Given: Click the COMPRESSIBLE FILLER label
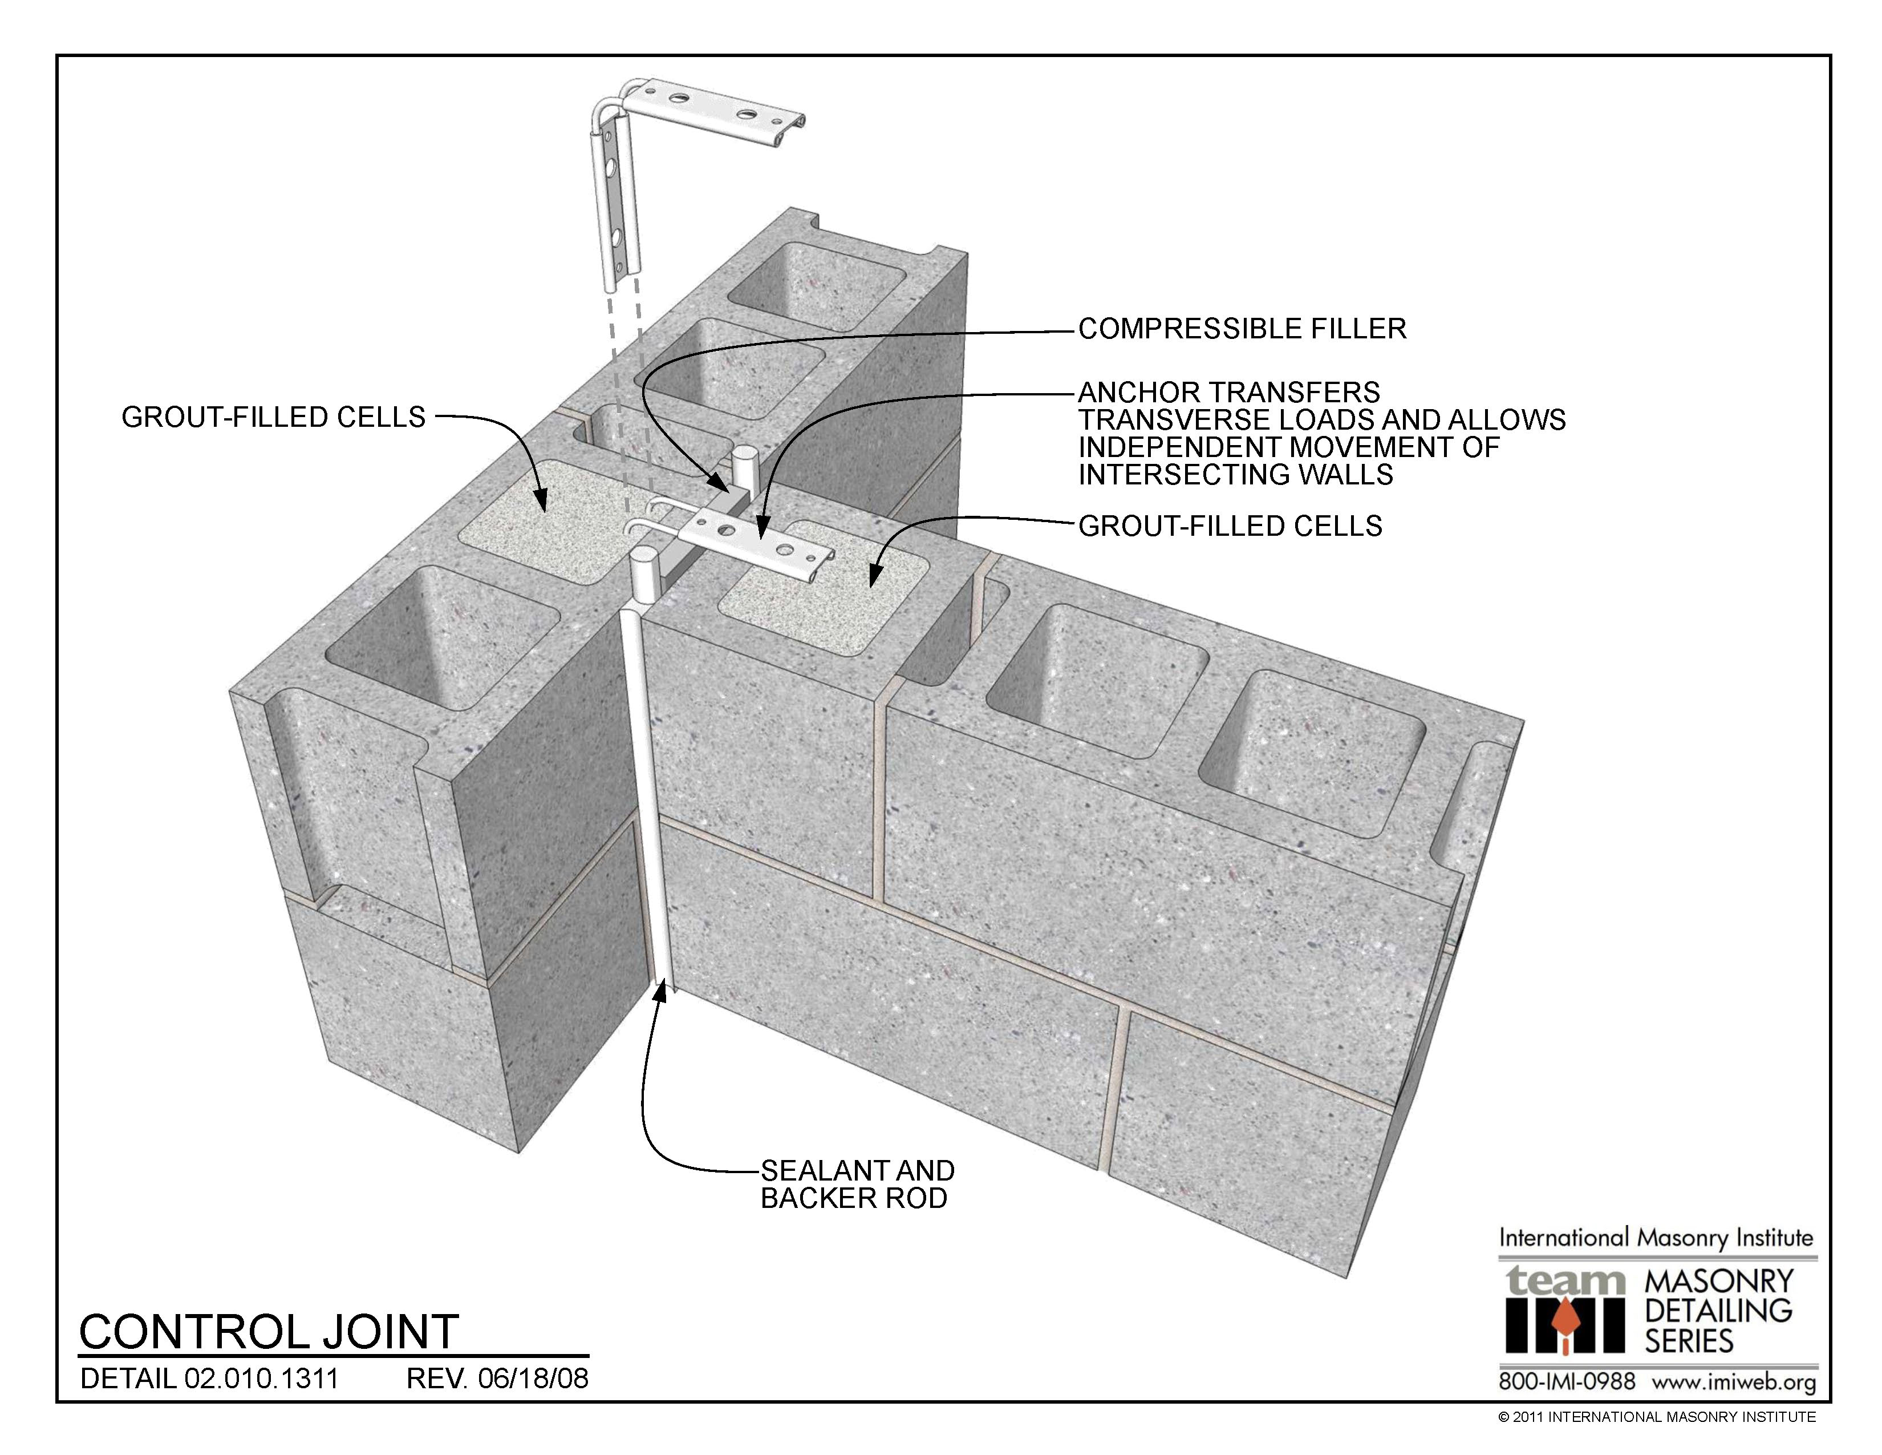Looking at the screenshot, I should [1242, 329].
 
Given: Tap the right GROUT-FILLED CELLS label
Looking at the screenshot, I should [1230, 526].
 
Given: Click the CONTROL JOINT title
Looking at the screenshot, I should [269, 1332].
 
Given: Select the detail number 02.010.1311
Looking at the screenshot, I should [261, 1379].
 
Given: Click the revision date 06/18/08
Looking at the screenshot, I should [533, 1379].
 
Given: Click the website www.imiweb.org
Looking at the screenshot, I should [1733, 1383].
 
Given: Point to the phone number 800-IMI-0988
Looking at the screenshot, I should [1567, 1383].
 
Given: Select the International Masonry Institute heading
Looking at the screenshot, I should [1656, 1239].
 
